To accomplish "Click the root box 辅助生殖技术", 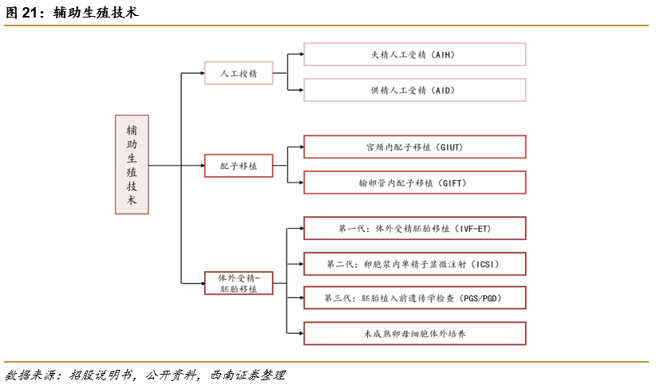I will pyautogui.click(x=132, y=164).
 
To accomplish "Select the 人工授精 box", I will pyautogui.click(x=238, y=73).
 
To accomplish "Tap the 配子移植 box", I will pyautogui.click(x=238, y=166).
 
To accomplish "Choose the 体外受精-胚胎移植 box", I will pyautogui.click(x=238, y=283).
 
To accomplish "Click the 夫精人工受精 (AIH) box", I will pyautogui.click(x=414, y=54).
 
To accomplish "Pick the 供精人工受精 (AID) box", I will pyautogui.click(x=414, y=90).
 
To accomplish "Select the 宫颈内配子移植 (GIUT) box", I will pyautogui.click(x=414, y=147).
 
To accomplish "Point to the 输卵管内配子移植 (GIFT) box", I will pyautogui.click(x=414, y=183).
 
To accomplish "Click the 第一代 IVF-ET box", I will pyautogui.click(x=414, y=228).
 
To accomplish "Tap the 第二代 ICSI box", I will pyautogui.click(x=414, y=263).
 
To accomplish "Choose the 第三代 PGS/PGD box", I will pyautogui.click(x=414, y=298).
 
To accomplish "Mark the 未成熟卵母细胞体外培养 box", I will pyautogui.click(x=414, y=333).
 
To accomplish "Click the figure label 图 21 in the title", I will pyautogui.click(x=23, y=12).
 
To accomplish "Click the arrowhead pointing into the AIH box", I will pyautogui.click(x=300, y=54).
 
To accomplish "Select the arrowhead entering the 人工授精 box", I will pyautogui.click(x=201, y=73).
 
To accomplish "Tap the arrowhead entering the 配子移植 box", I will pyautogui.click(x=201, y=166).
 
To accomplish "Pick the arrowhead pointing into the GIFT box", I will pyautogui.click(x=300, y=183).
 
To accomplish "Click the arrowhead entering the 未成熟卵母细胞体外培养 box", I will pyautogui.click(x=300, y=333).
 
